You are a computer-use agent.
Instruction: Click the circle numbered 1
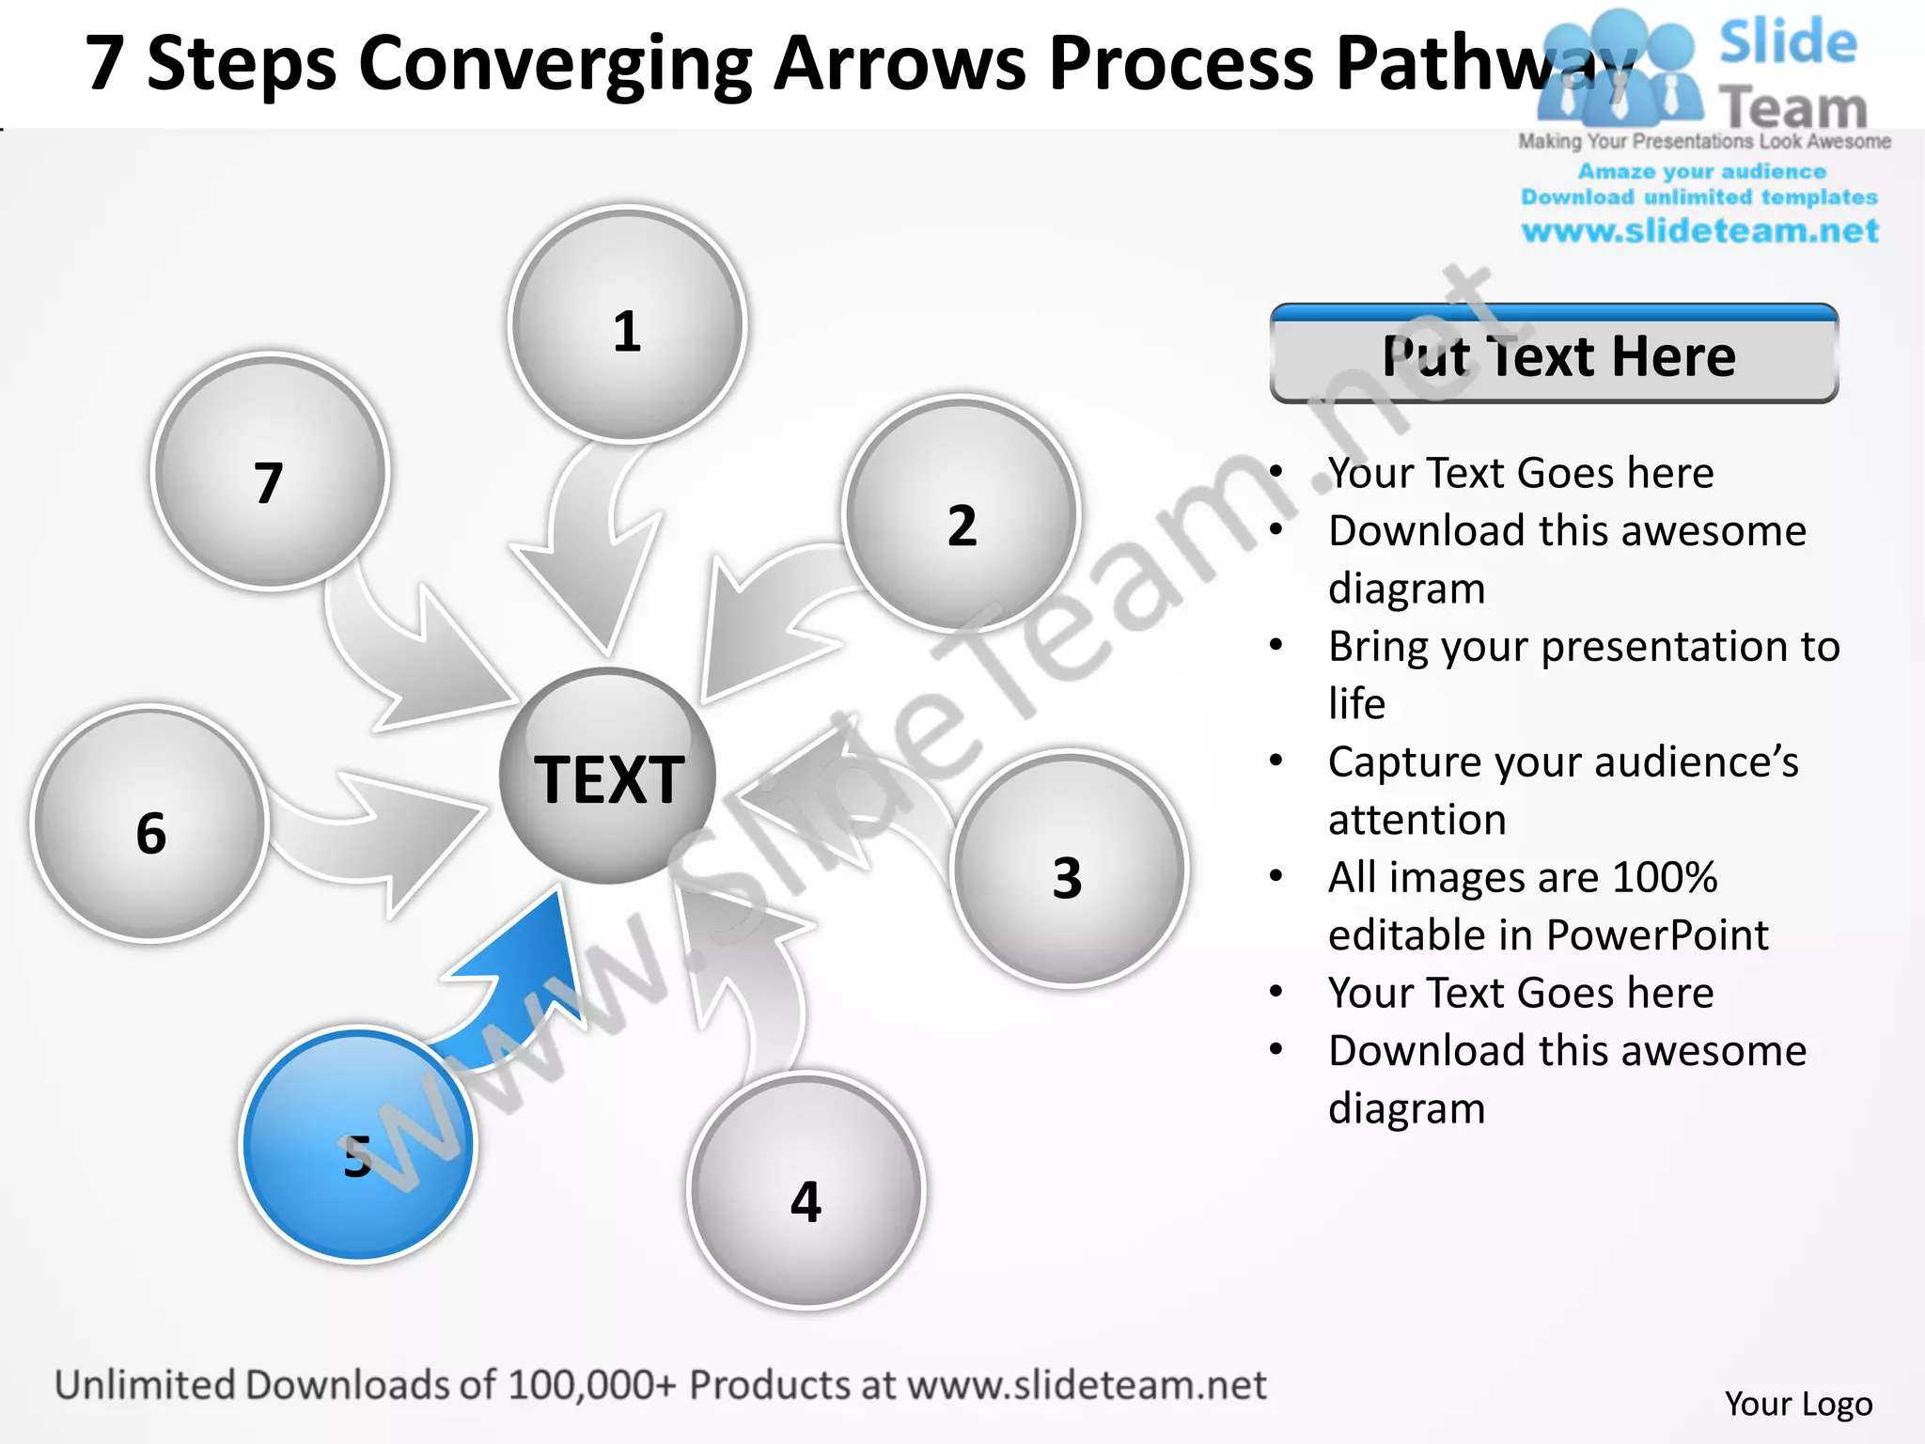tap(627, 324)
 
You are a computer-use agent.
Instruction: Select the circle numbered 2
tap(961, 513)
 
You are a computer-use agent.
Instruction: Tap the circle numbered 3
tap(1069, 869)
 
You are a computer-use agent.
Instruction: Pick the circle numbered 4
tap(806, 1190)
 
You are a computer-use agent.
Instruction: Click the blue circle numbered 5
tap(358, 1144)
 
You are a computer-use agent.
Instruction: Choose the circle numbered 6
tap(150, 824)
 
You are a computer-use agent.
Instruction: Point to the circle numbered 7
tap(270, 472)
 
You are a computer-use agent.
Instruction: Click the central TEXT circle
tap(607, 777)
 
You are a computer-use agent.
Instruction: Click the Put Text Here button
tap(1554, 355)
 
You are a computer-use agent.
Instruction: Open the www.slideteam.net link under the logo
tap(1699, 231)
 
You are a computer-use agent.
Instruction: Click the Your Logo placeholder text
tap(1798, 1404)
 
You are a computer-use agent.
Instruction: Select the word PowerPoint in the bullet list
tap(1657, 935)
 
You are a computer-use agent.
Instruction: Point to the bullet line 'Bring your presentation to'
tap(1584, 647)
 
